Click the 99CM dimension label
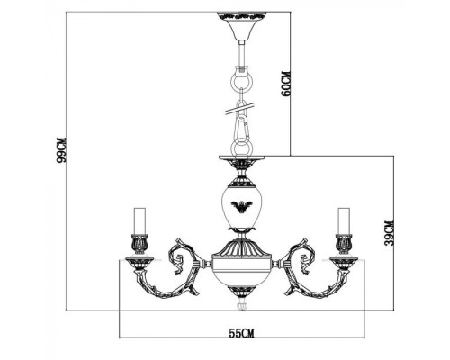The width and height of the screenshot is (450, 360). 61,149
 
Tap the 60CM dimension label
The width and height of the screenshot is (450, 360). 286,84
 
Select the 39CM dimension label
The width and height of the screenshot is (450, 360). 389,233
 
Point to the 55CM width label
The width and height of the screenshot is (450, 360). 242,333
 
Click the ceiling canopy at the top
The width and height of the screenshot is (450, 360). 241,26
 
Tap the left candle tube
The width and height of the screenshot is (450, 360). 139,220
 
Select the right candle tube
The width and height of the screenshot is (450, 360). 344,220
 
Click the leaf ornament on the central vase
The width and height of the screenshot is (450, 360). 241,207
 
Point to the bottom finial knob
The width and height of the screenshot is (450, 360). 242,304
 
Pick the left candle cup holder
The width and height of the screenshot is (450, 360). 139,242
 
